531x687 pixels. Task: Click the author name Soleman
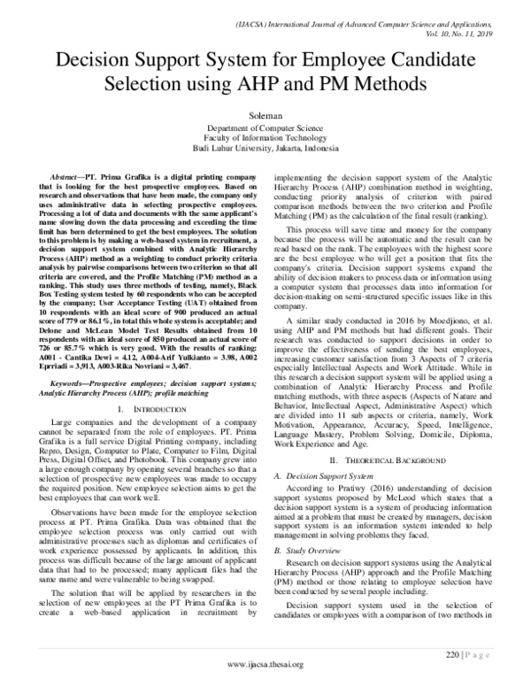(265, 114)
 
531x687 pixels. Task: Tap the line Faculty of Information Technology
(265, 138)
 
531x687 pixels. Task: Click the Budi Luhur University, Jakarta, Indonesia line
(265, 149)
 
